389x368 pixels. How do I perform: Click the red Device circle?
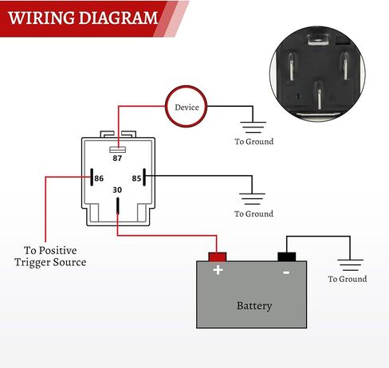[x=166, y=106]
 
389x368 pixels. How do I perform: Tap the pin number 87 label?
[x=117, y=159]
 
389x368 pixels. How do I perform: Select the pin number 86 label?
[x=99, y=178]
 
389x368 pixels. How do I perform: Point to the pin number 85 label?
[x=136, y=178]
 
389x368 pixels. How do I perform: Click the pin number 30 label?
[x=117, y=190]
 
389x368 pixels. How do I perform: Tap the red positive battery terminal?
[x=218, y=257]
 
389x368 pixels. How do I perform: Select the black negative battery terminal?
[x=287, y=256]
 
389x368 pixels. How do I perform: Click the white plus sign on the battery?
[x=218, y=270]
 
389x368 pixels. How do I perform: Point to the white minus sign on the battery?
[x=286, y=272]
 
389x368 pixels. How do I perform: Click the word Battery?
[x=254, y=306]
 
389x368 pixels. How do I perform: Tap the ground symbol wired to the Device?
[x=253, y=127]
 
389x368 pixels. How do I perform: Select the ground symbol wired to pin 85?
[x=252, y=199]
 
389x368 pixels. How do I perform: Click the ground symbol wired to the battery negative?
[x=350, y=264]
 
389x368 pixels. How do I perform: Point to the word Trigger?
[x=32, y=263]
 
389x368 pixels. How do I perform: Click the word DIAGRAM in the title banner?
[x=118, y=18]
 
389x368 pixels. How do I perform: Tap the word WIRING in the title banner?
[x=41, y=18]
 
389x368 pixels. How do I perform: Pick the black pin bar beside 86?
[x=92, y=177]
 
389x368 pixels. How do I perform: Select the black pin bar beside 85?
[x=144, y=177]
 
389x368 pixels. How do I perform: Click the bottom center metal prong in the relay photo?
[x=319, y=95]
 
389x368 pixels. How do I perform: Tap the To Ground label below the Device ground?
[x=254, y=142]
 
